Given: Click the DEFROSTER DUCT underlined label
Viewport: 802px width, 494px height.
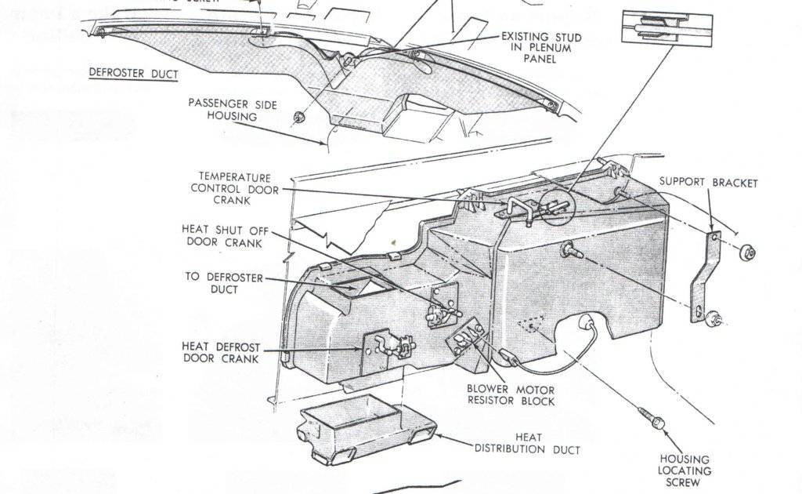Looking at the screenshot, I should (133, 74).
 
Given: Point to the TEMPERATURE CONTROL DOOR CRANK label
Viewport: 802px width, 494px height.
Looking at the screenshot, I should (234, 189).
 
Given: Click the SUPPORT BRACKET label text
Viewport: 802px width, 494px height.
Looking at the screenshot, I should (708, 182).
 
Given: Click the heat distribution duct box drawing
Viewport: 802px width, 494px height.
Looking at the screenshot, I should (363, 432).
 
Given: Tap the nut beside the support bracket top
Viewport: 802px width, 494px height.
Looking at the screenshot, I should (747, 252).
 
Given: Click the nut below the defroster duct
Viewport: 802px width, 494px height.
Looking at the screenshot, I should (299, 118).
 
